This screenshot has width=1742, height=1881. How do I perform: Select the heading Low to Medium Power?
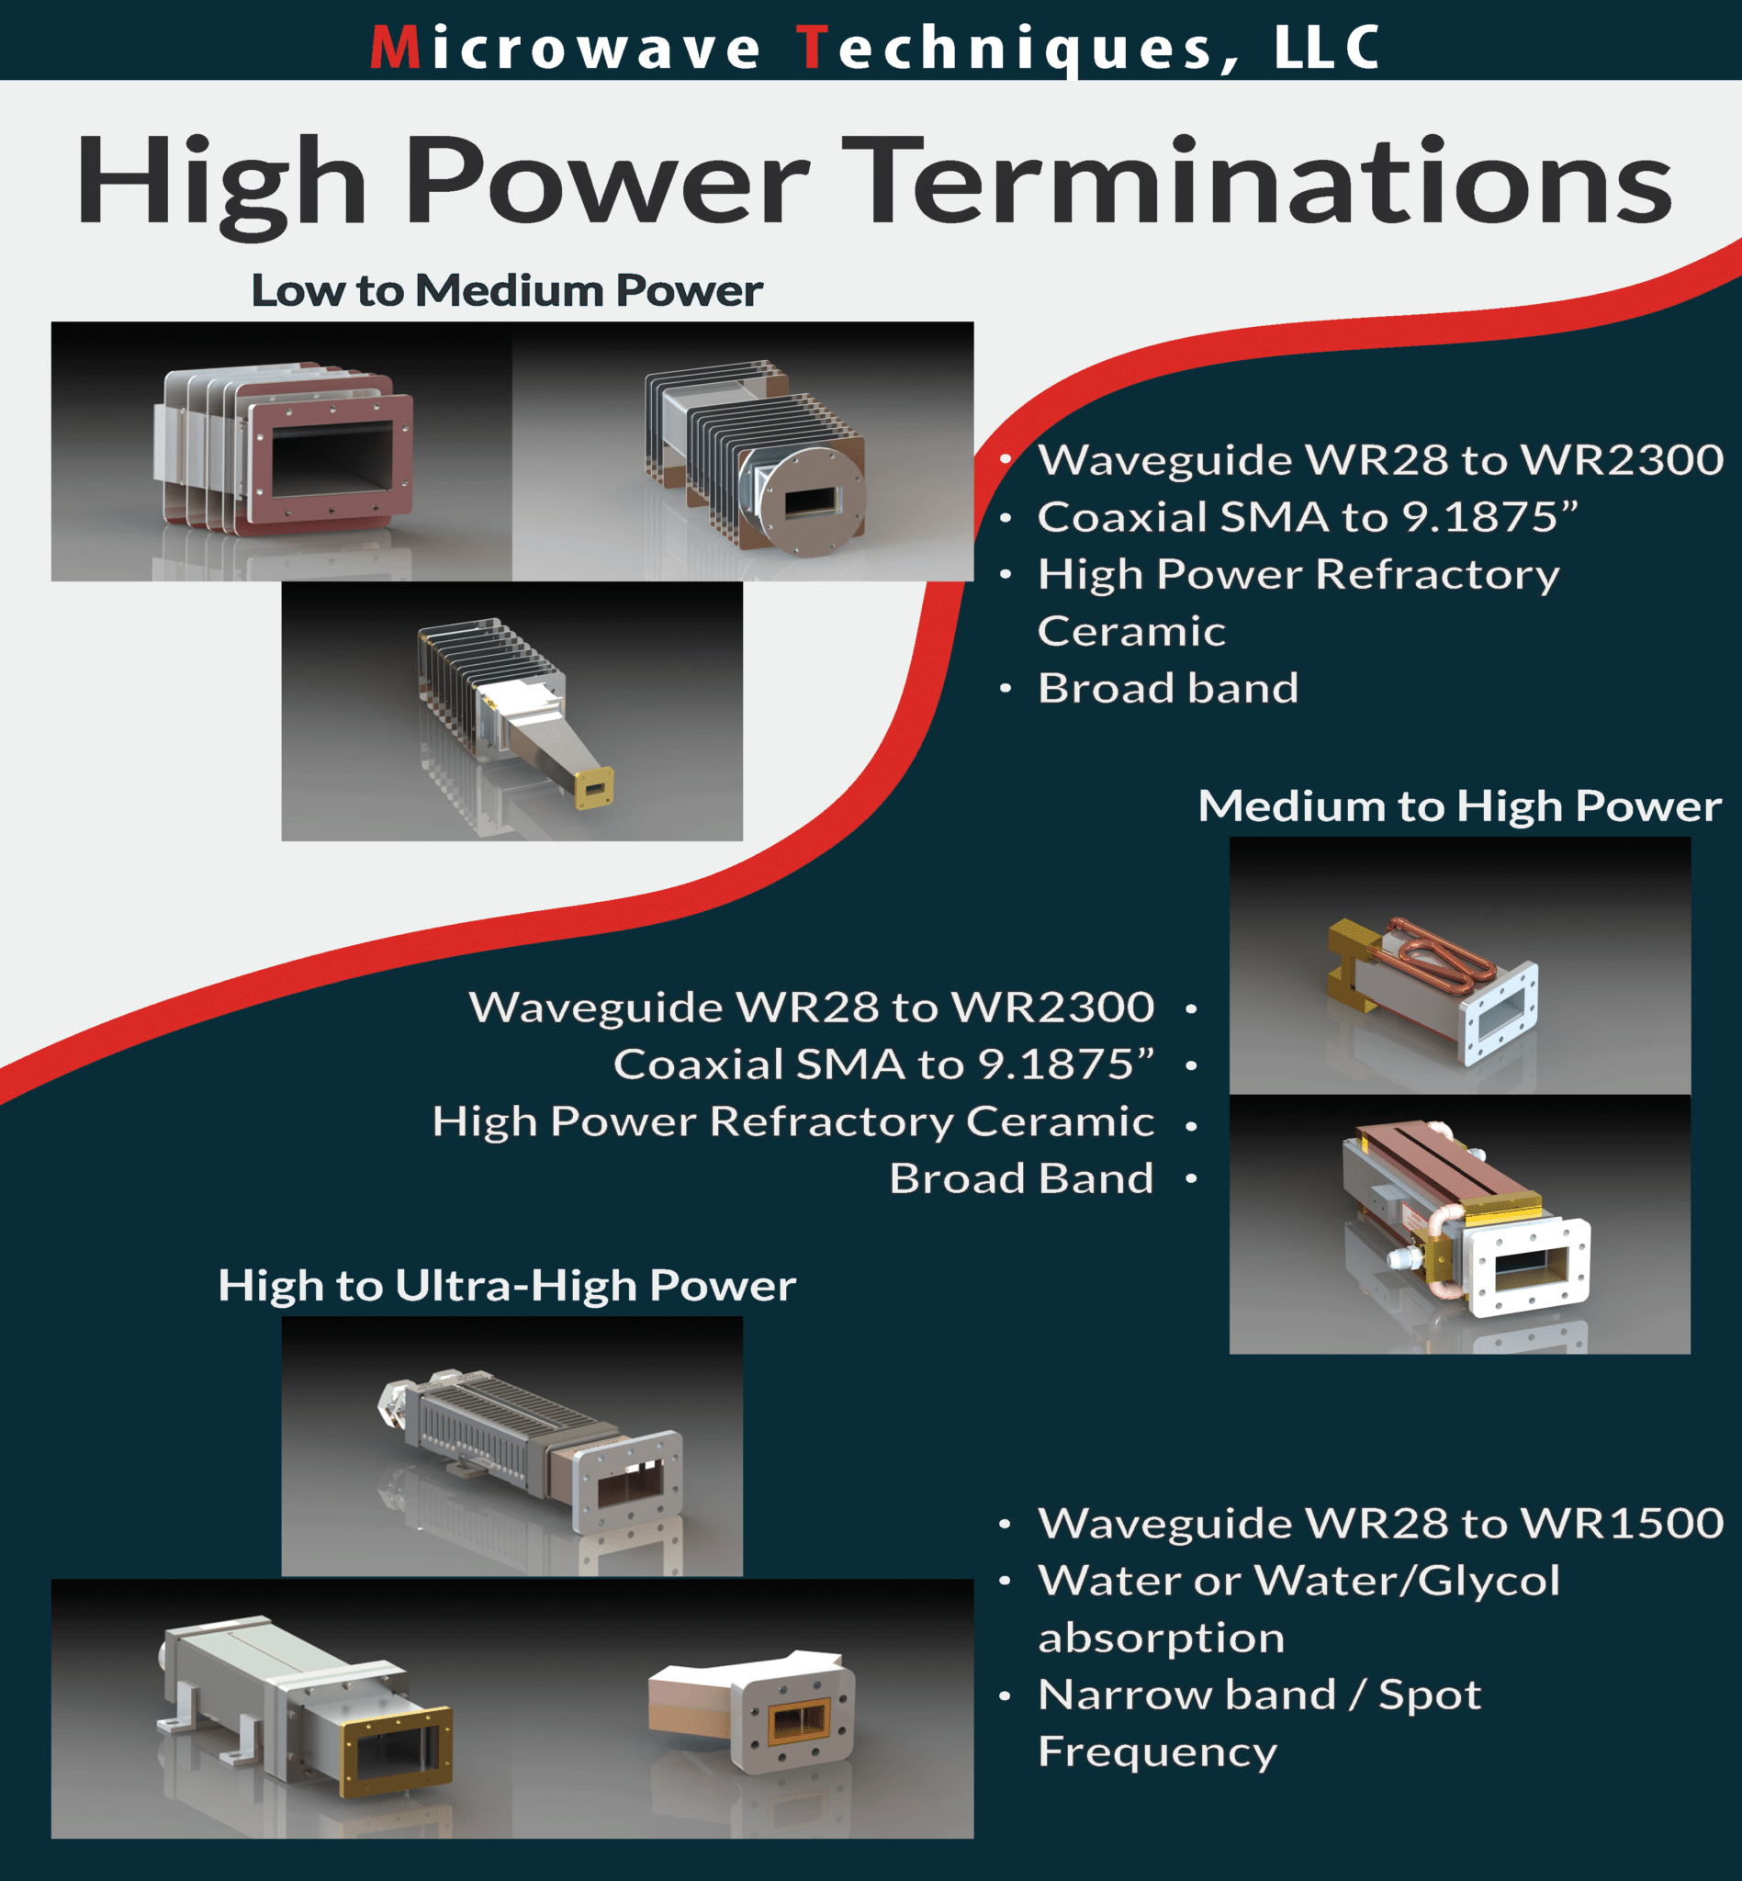(x=506, y=290)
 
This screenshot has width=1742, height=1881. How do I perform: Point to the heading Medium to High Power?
(x=1458, y=806)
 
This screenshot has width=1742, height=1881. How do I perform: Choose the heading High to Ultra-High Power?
(x=506, y=1285)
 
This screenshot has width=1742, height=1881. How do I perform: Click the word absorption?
(x=1161, y=1638)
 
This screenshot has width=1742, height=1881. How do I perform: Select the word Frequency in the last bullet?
(x=1157, y=1751)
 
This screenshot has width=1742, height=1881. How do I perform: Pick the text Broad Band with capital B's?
(x=1021, y=1178)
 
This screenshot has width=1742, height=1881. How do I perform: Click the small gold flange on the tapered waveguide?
(x=593, y=787)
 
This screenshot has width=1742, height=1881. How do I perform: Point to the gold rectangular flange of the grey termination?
(x=396, y=1753)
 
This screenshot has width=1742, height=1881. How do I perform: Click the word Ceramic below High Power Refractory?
(x=1130, y=631)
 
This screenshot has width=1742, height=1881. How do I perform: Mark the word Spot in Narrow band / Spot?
(x=1429, y=1695)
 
